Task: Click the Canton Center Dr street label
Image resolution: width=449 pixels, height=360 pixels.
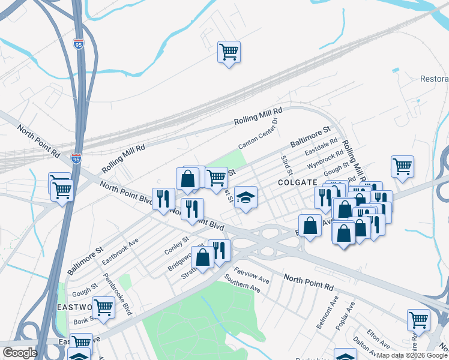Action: [x=259, y=133]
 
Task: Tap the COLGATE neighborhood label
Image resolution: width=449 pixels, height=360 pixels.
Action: [x=297, y=182]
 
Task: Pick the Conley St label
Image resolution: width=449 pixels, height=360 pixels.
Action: [x=176, y=245]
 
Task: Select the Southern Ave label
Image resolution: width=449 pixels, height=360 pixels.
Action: [x=242, y=283]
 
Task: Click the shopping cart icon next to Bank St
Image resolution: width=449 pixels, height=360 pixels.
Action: [x=104, y=307]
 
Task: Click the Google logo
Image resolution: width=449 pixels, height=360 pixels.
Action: [x=19, y=353]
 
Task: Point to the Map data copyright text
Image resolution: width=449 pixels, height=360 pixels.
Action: [x=412, y=355]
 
